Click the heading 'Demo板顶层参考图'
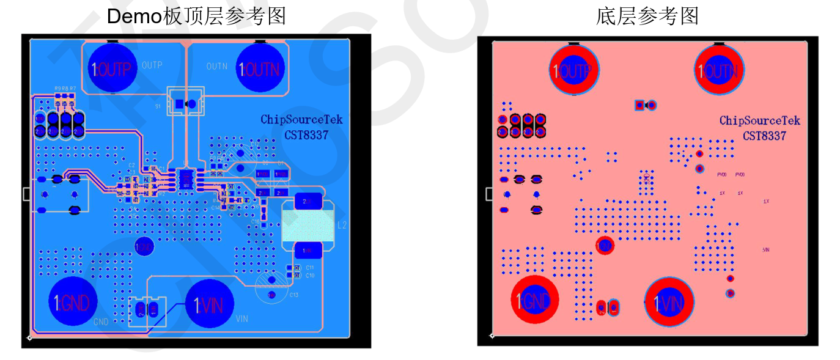tap(196, 16)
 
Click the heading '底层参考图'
tap(647, 16)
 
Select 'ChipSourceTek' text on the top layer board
tap(302, 120)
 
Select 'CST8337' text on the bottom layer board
tap(765, 136)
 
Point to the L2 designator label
tap(342, 225)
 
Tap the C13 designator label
tap(294, 295)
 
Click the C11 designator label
tap(310, 268)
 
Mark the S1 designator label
tap(158, 106)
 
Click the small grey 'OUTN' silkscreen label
tap(217, 66)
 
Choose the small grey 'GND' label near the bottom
tap(101, 321)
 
